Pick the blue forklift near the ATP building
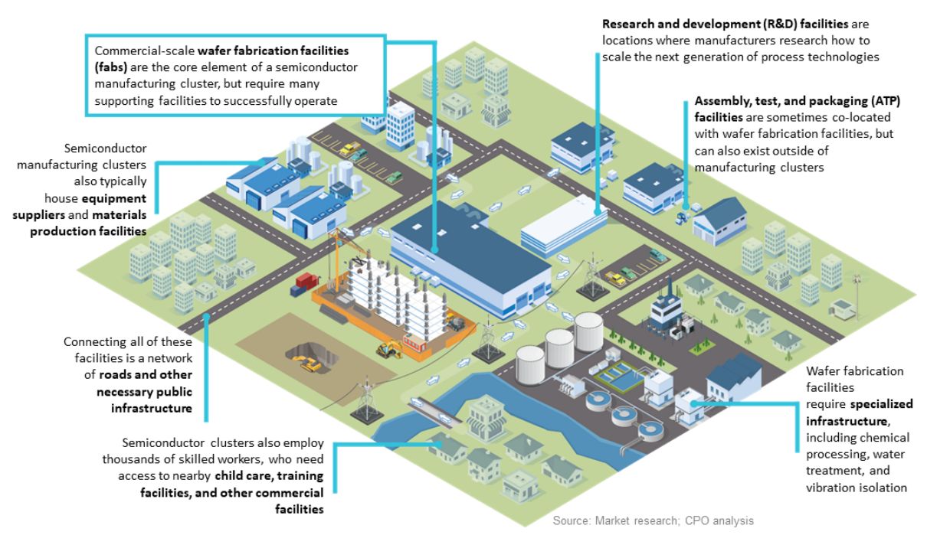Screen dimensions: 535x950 (x=681, y=216)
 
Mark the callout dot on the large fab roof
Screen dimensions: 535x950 (x=434, y=249)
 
